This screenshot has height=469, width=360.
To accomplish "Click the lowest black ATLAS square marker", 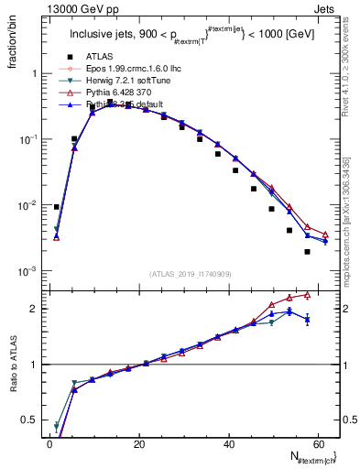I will (x=307, y=251).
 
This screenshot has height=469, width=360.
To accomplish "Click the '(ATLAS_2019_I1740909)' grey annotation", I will (x=190, y=274).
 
